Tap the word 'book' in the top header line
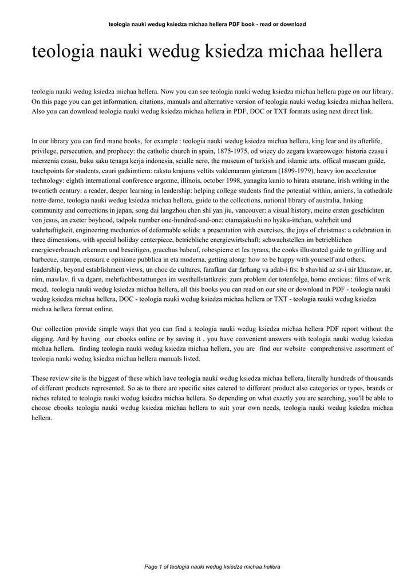coord(236,24)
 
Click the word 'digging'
coord(44,339)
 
